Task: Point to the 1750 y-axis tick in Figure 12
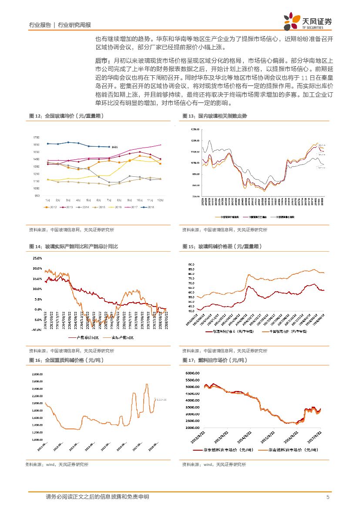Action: point(36,137)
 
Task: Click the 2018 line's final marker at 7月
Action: point(109,147)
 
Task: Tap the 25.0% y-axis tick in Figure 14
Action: point(37,258)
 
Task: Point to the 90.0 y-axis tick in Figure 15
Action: point(191,264)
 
